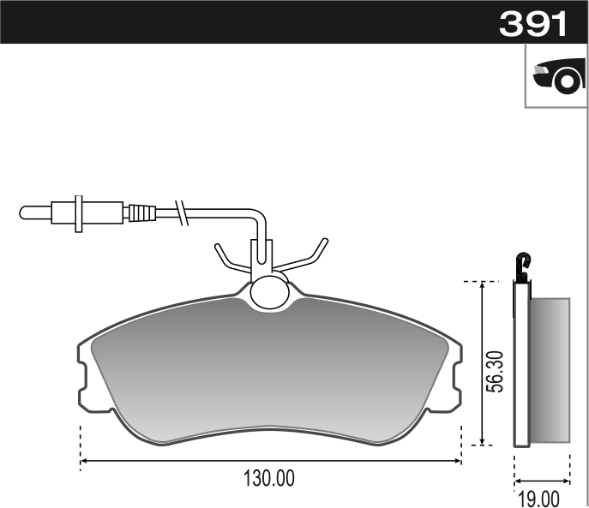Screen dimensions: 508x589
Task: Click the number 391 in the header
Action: pyautogui.click(x=533, y=24)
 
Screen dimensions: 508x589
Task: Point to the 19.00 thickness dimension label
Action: pyautogui.click(x=538, y=497)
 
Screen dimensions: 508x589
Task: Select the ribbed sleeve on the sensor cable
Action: pyautogui.click(x=141, y=212)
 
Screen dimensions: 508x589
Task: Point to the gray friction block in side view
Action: pyautogui.click(x=550, y=370)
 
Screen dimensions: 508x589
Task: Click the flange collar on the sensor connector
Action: pyautogui.click(x=79, y=212)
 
